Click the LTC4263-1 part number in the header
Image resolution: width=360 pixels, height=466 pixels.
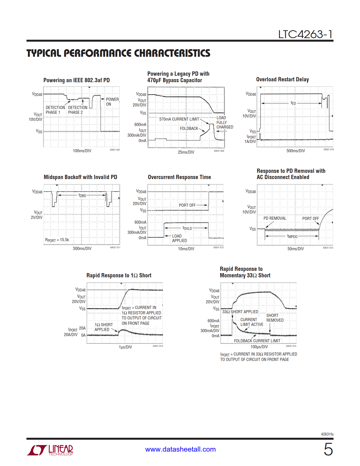click(x=305, y=34)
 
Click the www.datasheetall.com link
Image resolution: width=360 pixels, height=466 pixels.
click(x=180, y=449)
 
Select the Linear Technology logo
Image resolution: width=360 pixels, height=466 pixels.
click(x=50, y=450)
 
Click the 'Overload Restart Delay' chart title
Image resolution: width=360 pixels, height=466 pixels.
click(x=282, y=79)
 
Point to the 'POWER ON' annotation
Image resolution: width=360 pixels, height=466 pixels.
click(x=112, y=102)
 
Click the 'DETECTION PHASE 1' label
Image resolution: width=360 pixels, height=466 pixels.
click(x=55, y=110)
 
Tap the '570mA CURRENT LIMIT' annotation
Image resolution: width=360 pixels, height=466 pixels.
click(x=179, y=119)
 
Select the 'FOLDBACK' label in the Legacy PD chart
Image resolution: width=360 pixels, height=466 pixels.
click(x=189, y=129)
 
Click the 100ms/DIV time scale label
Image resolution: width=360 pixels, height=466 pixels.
click(x=82, y=151)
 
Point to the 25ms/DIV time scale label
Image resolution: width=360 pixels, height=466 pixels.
click(x=186, y=152)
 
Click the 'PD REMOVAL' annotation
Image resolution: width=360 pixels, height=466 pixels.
click(x=275, y=218)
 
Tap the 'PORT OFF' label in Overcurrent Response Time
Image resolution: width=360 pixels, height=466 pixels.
click(x=187, y=205)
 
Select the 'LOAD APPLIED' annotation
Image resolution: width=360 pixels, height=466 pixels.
click(x=179, y=238)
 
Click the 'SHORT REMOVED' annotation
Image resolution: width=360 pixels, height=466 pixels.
click(x=275, y=318)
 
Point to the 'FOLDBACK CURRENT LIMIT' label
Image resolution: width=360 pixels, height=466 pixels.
click(x=257, y=341)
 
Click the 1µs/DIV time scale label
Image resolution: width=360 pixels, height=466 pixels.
click(x=125, y=347)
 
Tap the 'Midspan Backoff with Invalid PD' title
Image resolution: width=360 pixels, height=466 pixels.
click(x=80, y=177)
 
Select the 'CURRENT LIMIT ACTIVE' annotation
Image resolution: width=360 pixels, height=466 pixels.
click(x=252, y=322)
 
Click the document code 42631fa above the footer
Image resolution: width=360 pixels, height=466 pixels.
click(x=327, y=434)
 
